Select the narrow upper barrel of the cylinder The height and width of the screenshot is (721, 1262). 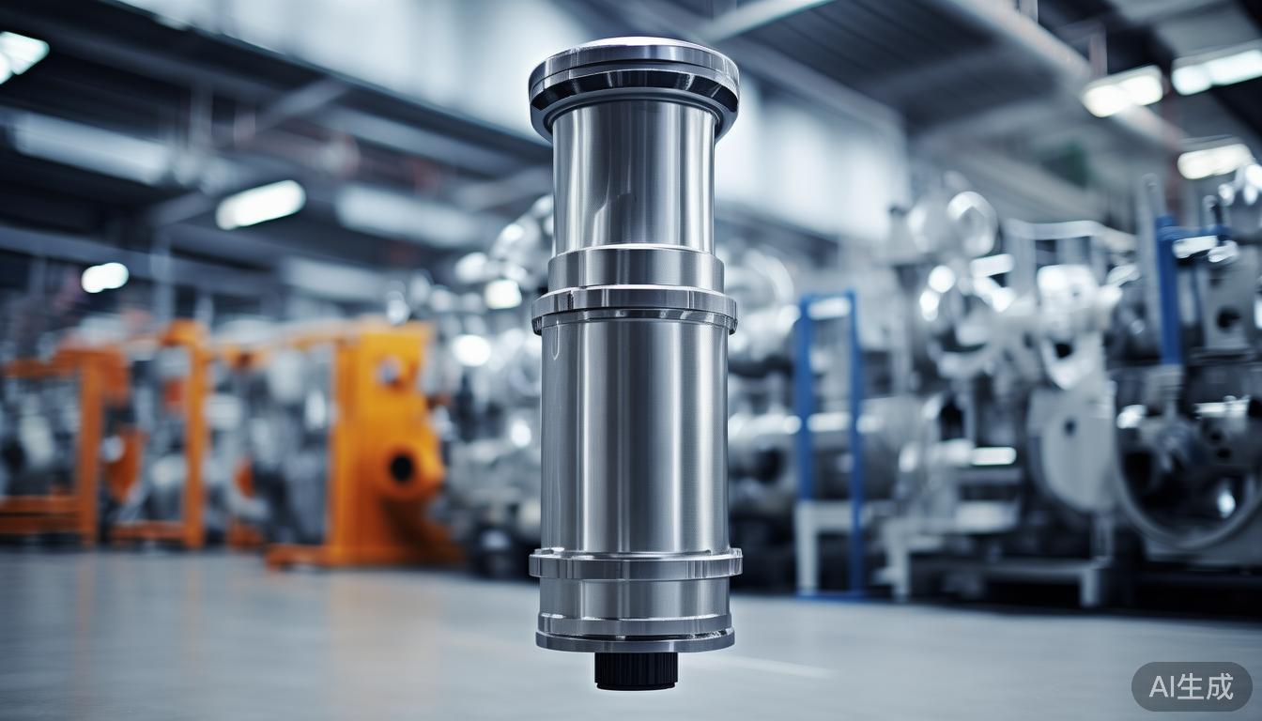[634, 178]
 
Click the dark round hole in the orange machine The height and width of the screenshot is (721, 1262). [402, 467]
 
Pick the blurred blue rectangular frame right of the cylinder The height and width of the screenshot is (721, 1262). [828, 441]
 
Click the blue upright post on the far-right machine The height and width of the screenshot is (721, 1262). [1167, 291]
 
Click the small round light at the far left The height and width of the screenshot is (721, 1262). [104, 277]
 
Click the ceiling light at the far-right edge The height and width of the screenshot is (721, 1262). [1215, 160]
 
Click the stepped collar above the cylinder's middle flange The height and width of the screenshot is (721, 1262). [636, 268]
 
